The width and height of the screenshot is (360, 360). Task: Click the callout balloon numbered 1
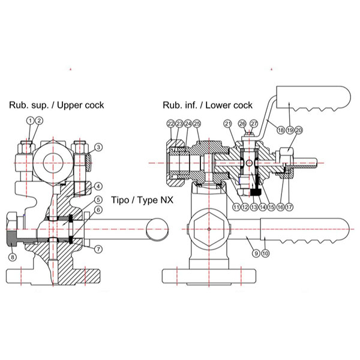click(31, 121)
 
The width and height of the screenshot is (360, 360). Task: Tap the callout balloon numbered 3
click(99, 147)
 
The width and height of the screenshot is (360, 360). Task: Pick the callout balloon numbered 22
click(170, 124)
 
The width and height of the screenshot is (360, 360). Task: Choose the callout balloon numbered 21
click(227, 124)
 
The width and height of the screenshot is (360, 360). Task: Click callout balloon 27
click(254, 124)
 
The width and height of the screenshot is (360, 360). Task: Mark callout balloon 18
click(280, 128)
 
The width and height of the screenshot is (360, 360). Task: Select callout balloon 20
click(299, 128)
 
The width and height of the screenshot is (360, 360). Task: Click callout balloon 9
click(256, 253)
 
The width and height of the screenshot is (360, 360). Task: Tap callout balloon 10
click(265, 253)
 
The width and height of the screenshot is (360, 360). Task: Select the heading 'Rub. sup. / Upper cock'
click(56, 105)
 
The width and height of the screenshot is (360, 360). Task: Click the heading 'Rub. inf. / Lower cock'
click(208, 105)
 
